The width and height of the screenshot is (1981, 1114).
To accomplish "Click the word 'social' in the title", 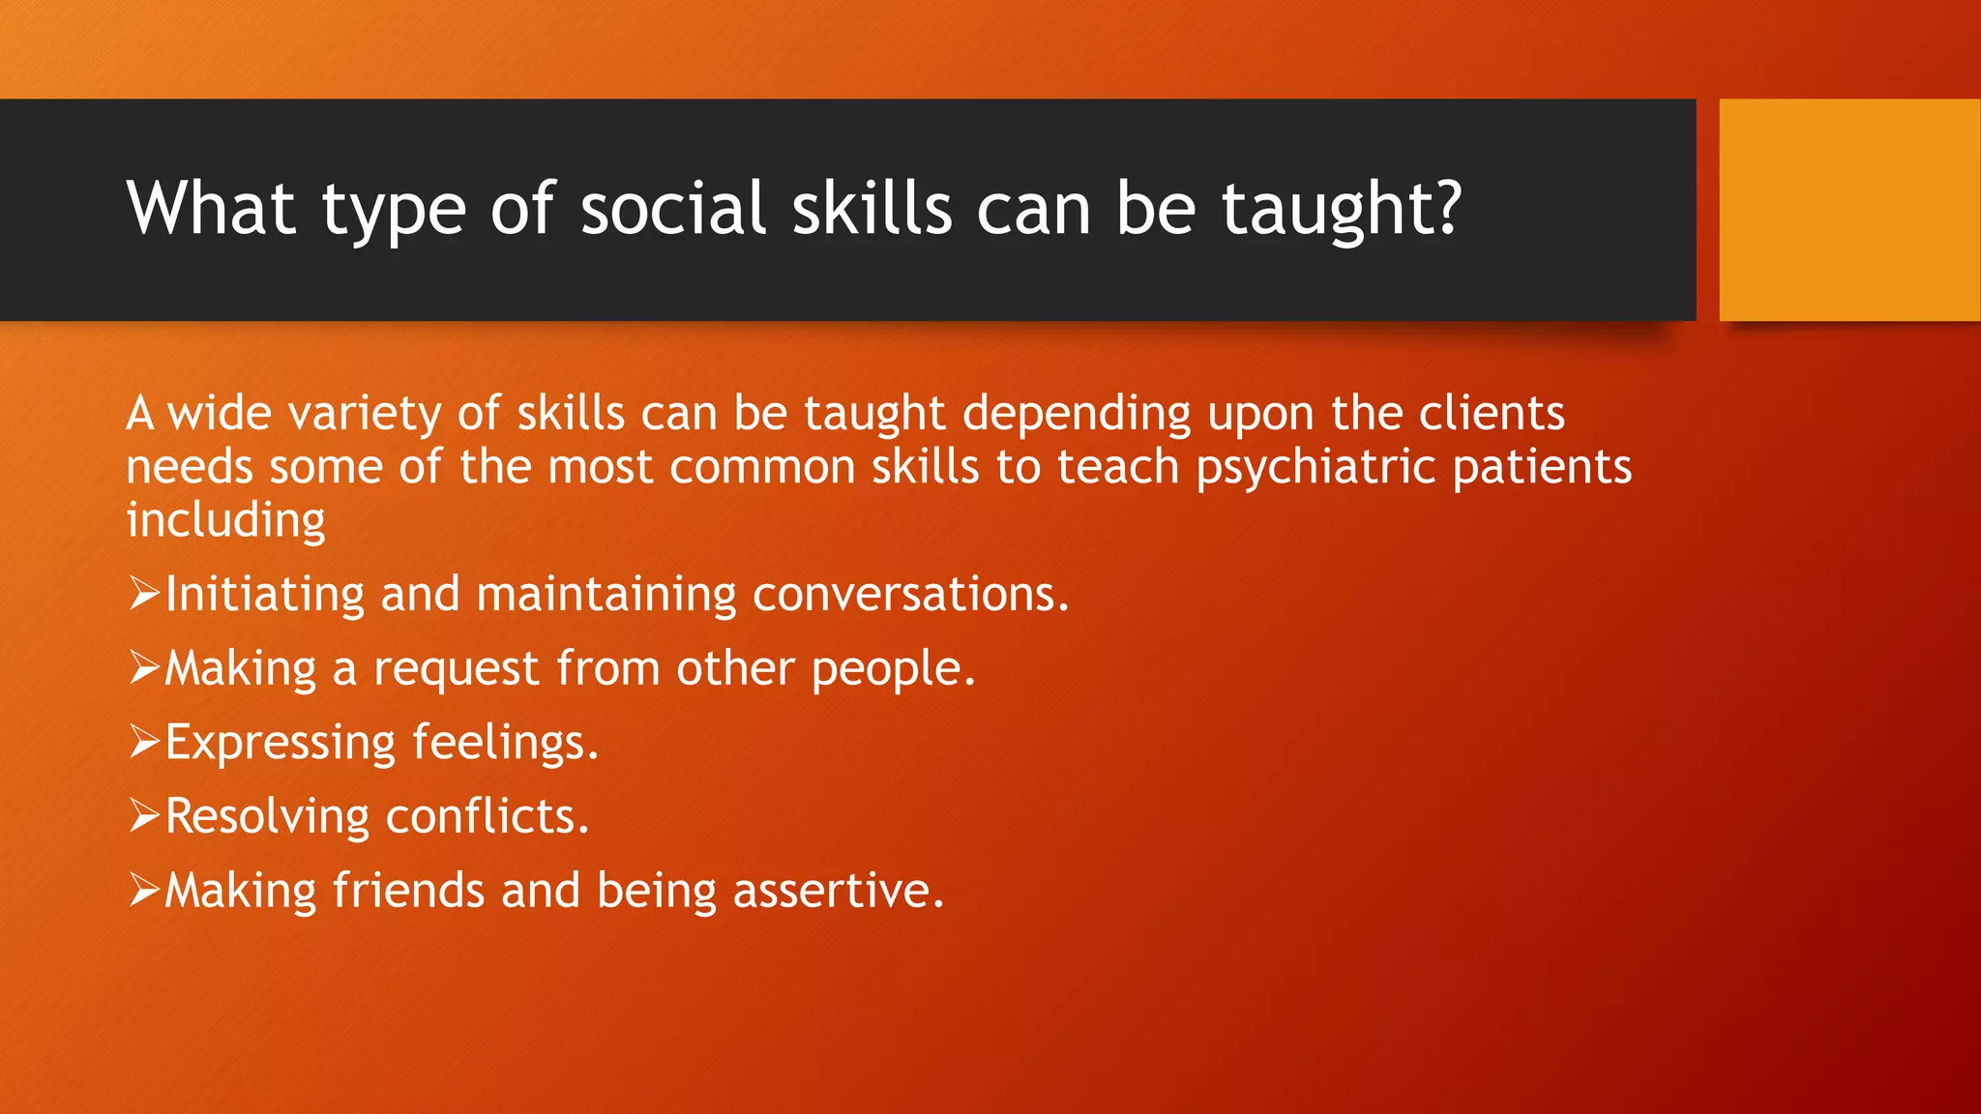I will tap(672, 209).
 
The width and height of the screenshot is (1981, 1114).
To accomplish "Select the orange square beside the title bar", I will tap(1848, 210).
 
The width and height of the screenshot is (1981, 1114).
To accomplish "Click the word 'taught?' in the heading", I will tap(1341, 209).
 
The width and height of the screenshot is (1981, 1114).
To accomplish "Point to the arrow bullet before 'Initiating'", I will tap(143, 593).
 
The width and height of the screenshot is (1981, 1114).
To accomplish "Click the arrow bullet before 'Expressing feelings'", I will tap(143, 742).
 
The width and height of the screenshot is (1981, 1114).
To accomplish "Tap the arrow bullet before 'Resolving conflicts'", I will tap(143, 816).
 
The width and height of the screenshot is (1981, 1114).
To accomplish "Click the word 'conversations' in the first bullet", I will tap(910, 594).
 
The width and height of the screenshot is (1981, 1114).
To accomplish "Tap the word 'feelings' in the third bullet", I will tap(505, 744).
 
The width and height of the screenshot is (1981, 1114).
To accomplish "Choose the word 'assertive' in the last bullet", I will tap(838, 891).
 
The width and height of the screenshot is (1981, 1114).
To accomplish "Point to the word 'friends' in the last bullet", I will tap(408, 891).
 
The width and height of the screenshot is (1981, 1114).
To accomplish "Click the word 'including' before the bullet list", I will tap(225, 520).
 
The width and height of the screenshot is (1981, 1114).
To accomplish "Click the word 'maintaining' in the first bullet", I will tap(606, 594).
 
